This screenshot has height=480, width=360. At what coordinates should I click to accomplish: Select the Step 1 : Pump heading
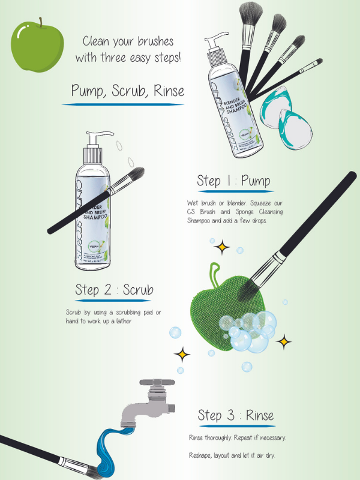233,181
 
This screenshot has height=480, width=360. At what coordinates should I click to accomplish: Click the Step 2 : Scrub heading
114,290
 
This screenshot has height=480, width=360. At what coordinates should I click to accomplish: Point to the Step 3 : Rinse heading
235,415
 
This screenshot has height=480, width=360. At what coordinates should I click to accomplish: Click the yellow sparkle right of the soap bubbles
284,342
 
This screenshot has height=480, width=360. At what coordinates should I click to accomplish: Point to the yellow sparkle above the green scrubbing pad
223,245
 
